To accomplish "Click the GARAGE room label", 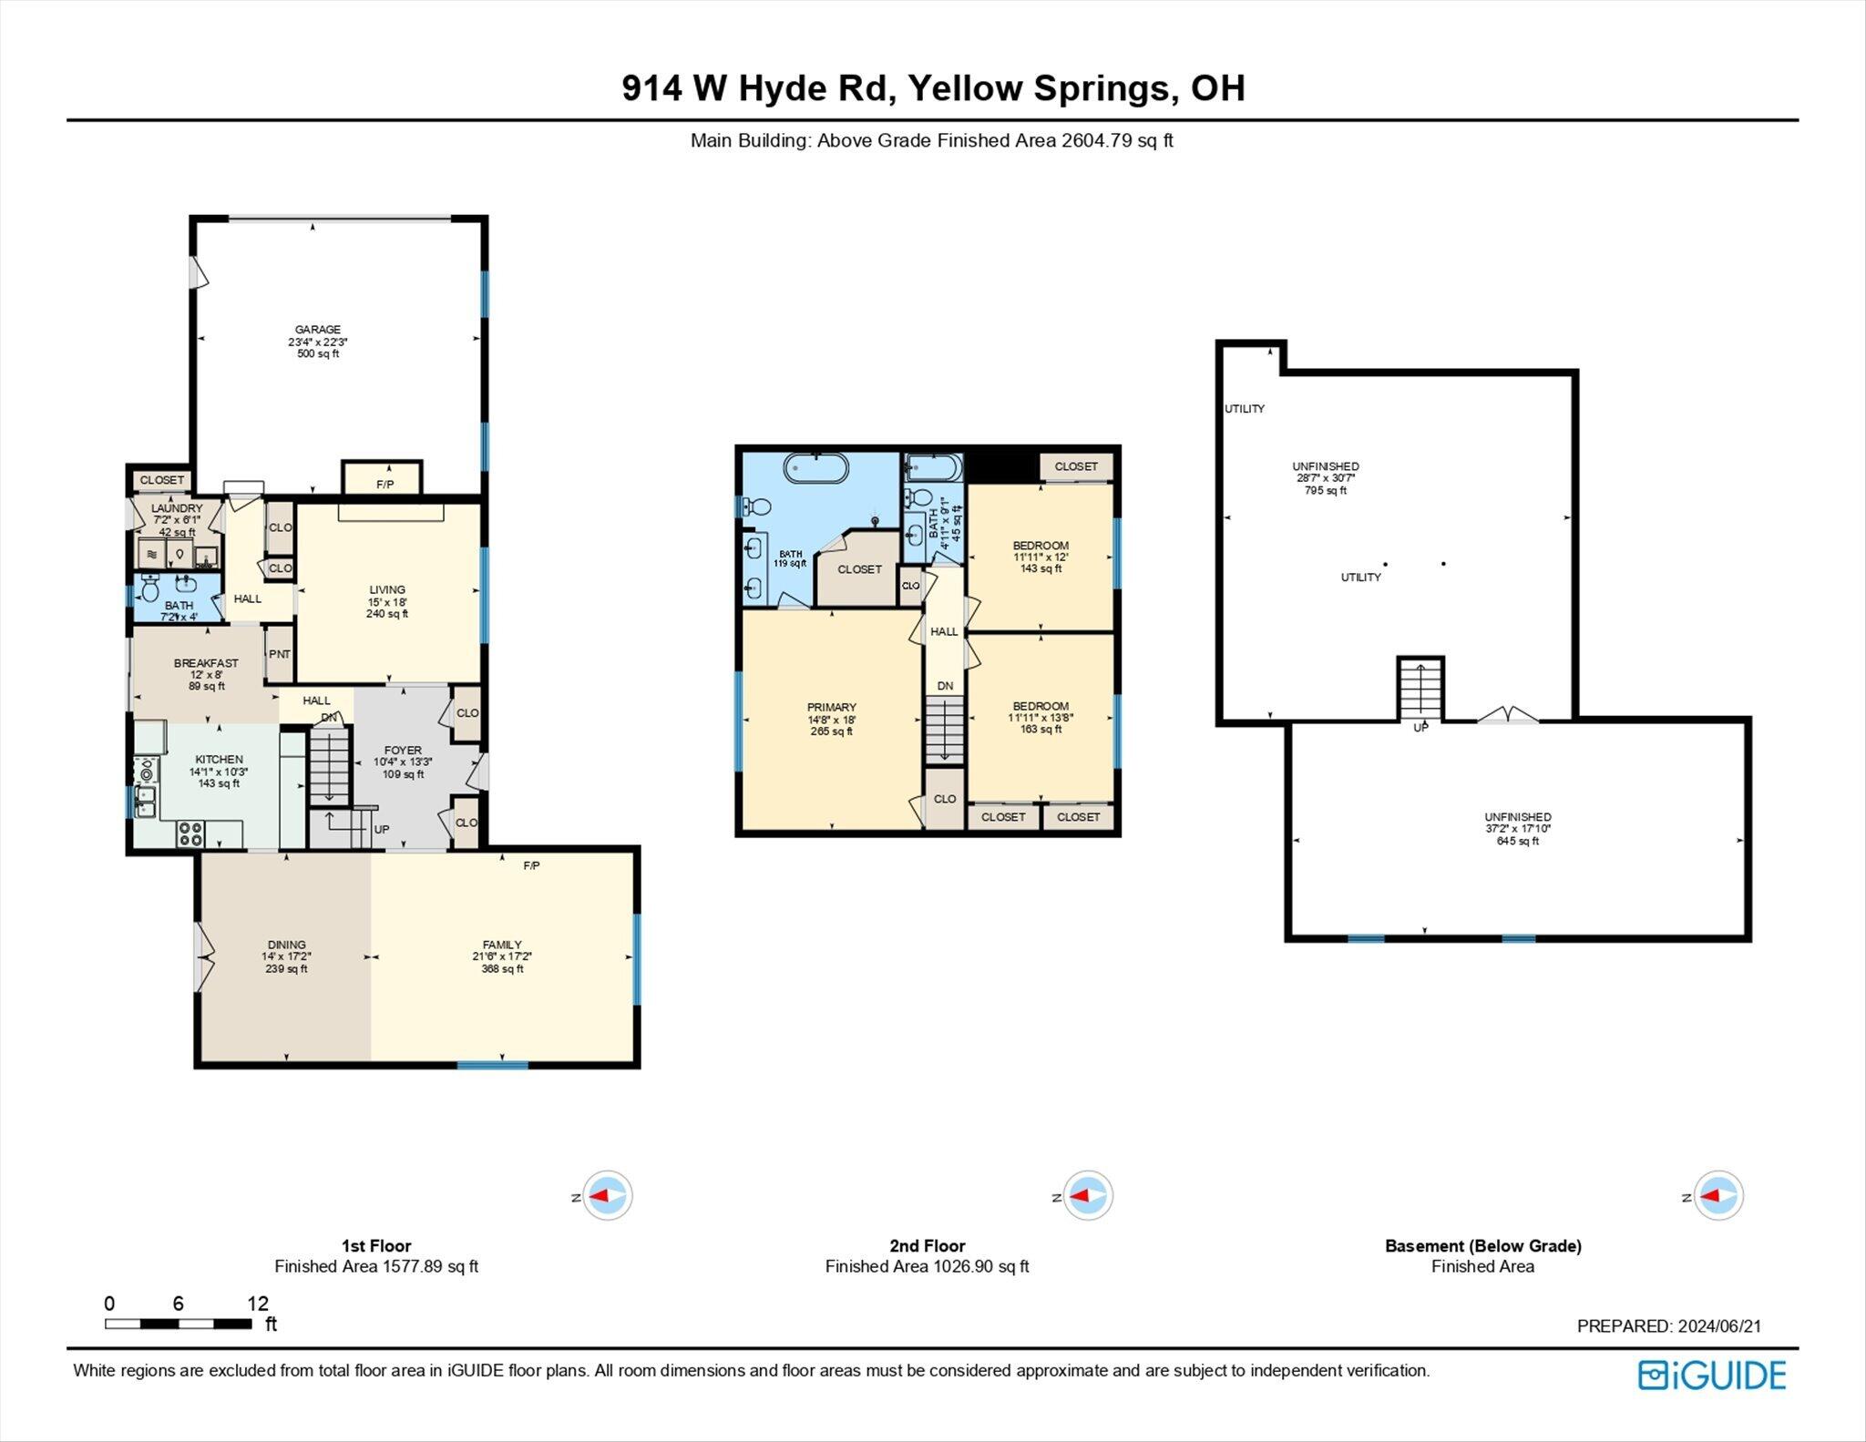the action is tap(317, 330).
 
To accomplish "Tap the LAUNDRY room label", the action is tap(177, 508).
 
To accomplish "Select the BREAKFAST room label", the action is tap(206, 663).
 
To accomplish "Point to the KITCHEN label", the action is tap(219, 759).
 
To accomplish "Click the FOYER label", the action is tap(403, 751).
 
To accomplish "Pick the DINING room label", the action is tap(286, 945).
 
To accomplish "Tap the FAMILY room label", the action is tap(502, 945).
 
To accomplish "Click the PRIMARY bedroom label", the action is tap(831, 707).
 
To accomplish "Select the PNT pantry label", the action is tap(280, 654).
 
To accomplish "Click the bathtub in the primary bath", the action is tap(816, 468).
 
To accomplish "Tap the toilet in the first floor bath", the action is tap(152, 589).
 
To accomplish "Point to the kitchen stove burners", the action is tap(190, 833).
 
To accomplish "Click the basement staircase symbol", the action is tap(1420, 689).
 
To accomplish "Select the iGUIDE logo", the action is tap(1712, 1375).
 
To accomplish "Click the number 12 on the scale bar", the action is tap(258, 1303).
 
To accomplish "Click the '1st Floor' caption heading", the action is tap(376, 1245).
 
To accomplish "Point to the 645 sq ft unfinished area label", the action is tap(1518, 841).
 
